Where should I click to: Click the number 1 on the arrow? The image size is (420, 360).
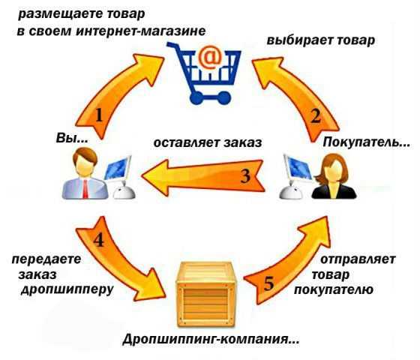pyautogui.click(x=99, y=115)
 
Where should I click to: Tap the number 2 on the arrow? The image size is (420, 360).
pyautogui.click(x=315, y=116)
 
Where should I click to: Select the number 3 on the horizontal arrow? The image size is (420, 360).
pyautogui.click(x=245, y=176)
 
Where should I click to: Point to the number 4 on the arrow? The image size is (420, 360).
pyautogui.click(x=98, y=240)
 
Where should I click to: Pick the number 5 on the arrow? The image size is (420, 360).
pyautogui.click(x=268, y=283)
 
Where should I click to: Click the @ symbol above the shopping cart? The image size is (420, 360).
pyautogui.click(x=210, y=57)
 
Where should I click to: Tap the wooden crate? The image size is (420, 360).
pyautogui.click(x=205, y=294)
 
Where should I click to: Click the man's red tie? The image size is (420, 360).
pyautogui.click(x=85, y=189)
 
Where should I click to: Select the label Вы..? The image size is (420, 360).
pyautogui.click(x=72, y=139)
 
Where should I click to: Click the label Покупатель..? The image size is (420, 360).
pyautogui.click(x=366, y=142)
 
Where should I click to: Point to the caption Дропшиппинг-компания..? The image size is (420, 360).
pyautogui.click(x=211, y=340)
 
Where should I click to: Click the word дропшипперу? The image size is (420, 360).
pyautogui.click(x=67, y=289)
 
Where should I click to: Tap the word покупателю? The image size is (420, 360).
pyautogui.click(x=334, y=289)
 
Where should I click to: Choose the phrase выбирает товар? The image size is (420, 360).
pyautogui.click(x=321, y=40)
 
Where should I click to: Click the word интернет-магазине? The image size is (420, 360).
pyautogui.click(x=141, y=31)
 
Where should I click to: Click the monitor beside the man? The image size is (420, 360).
pyautogui.click(x=118, y=169)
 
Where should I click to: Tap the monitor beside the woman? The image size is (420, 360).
pyautogui.click(x=297, y=168)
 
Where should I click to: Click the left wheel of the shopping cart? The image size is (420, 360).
pyautogui.click(x=196, y=98)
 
